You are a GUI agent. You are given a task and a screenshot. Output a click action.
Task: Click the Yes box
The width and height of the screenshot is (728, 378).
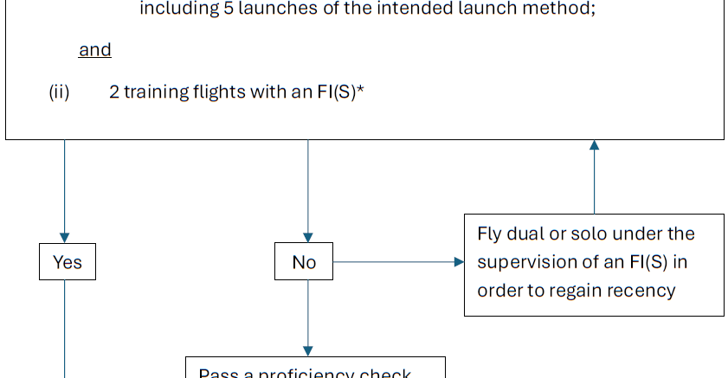point(68,262)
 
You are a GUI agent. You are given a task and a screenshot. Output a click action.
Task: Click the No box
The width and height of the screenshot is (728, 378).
point(304,262)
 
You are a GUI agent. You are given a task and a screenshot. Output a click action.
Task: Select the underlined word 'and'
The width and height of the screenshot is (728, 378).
point(95,49)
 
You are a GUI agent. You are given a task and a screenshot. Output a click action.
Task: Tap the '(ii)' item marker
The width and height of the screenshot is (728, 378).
point(59,93)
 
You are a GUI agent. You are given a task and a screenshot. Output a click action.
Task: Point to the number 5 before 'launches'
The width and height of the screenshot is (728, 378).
point(218,10)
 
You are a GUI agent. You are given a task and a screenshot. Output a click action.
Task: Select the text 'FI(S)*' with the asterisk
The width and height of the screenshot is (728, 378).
point(340,93)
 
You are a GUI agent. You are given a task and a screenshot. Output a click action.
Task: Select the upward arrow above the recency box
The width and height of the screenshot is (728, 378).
point(594,177)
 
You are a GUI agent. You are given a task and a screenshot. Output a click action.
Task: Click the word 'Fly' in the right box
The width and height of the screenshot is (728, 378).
point(490,234)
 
